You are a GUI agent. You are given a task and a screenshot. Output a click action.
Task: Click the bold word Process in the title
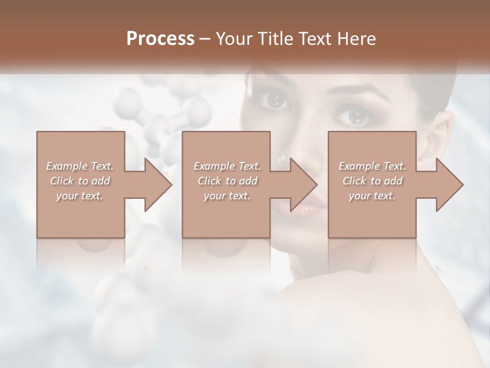pos(160,38)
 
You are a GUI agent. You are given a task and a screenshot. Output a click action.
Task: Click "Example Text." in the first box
pos(80,166)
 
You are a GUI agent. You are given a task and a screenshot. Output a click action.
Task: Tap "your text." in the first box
pos(80,196)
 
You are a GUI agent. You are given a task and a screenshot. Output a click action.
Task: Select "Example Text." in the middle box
pos(227,166)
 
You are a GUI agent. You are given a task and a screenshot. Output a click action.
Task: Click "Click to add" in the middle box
pos(227,181)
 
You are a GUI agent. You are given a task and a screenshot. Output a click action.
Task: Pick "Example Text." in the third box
pos(372,166)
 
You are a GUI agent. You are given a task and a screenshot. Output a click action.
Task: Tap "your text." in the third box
pos(372,196)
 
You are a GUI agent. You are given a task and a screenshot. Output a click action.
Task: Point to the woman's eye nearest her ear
pos(357,117)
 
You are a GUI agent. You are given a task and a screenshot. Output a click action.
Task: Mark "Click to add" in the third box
pos(372,181)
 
